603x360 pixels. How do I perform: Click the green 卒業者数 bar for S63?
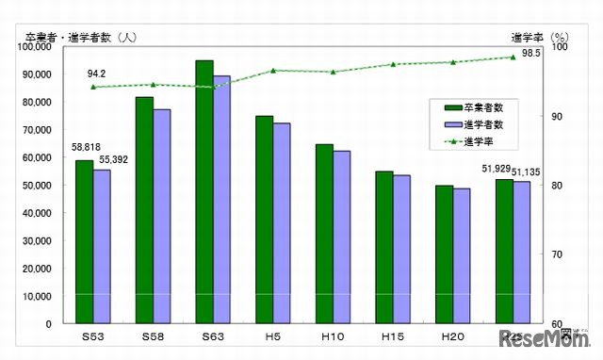point(204,192)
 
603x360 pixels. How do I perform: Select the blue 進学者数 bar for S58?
point(161,217)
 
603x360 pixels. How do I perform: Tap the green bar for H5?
point(264,220)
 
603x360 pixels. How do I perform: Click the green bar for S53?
point(84,242)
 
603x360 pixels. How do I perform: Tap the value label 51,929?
point(496,169)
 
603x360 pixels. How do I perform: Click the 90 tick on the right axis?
point(558,116)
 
